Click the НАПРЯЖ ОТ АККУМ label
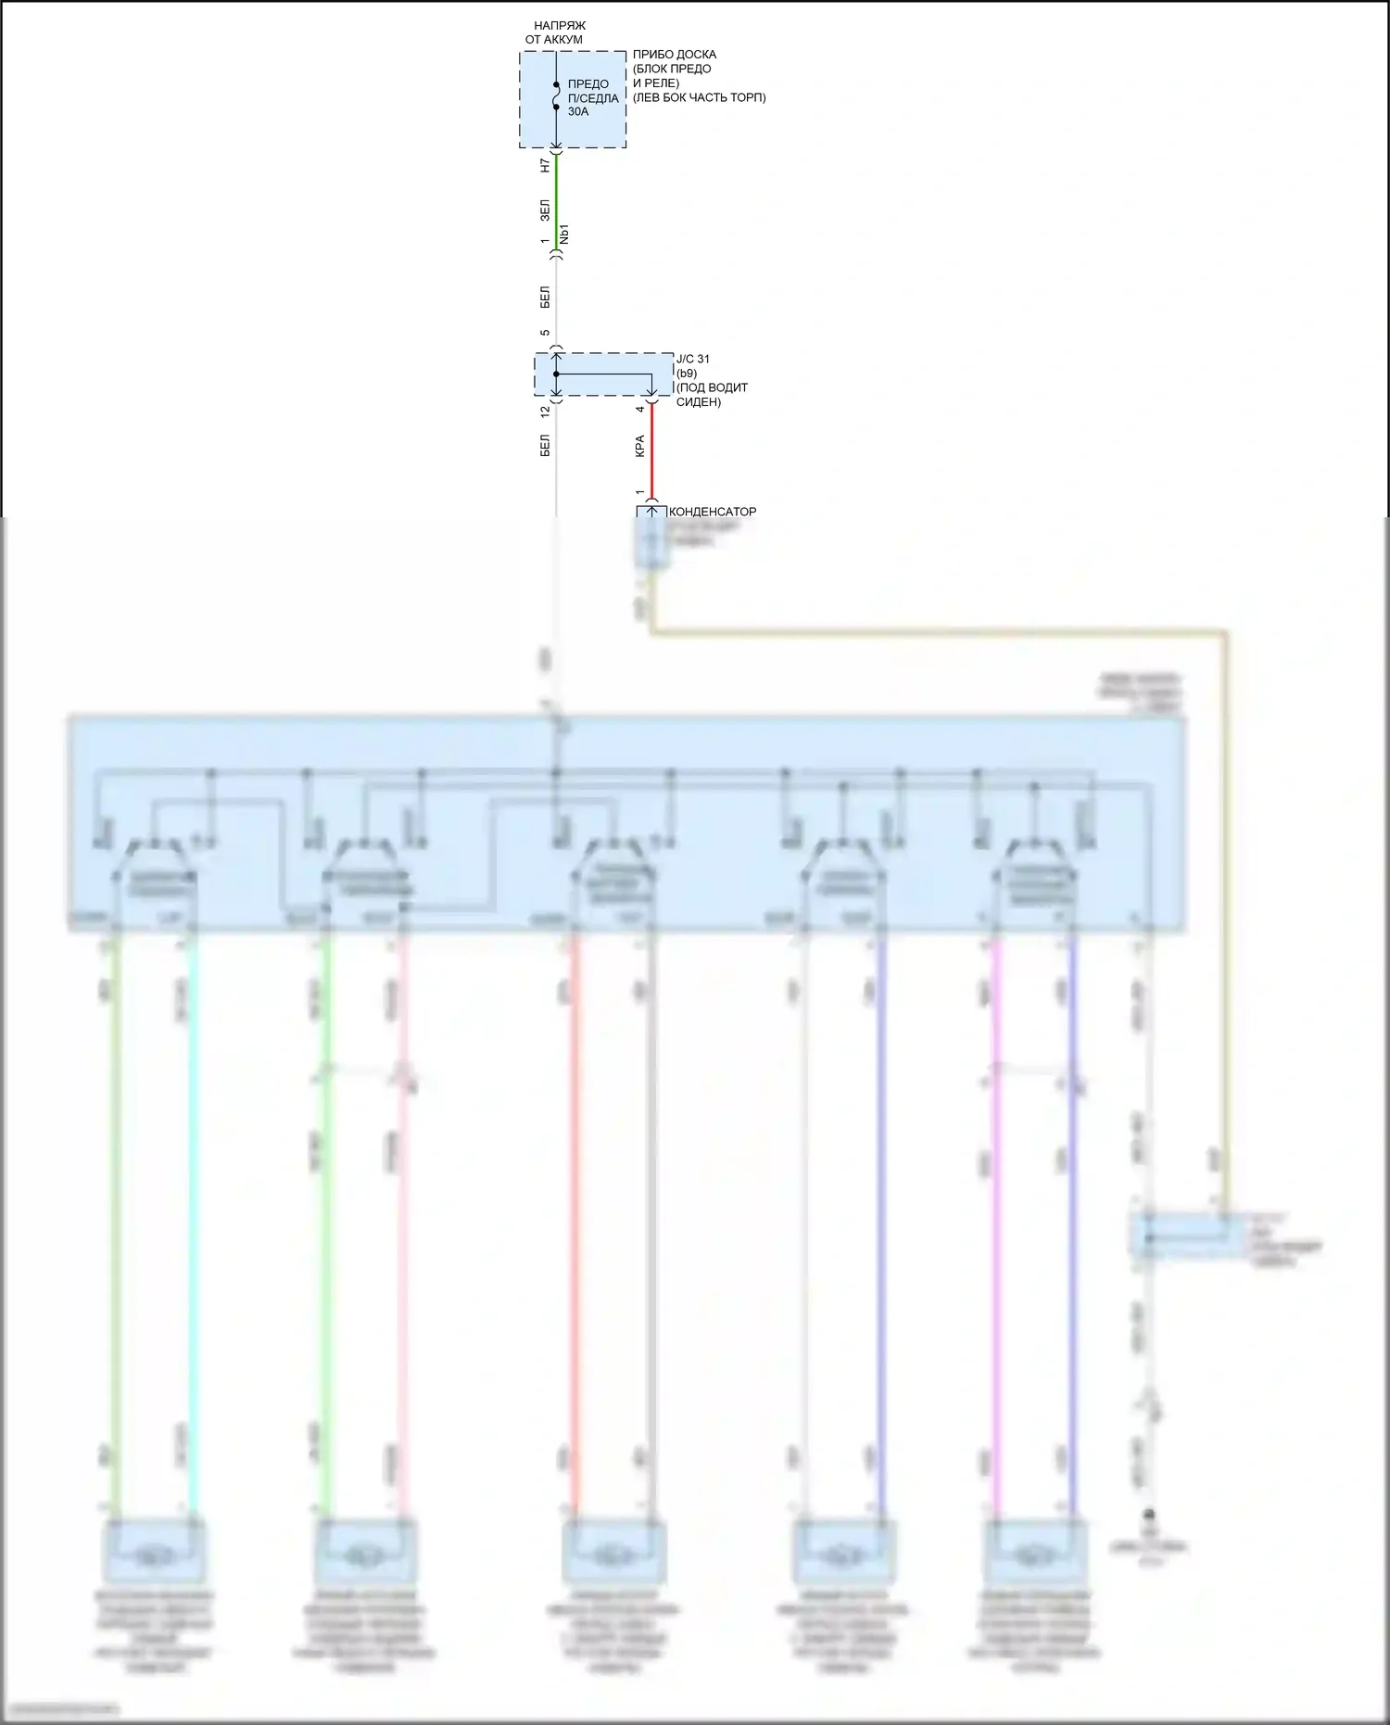[556, 32]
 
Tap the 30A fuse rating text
[578, 111]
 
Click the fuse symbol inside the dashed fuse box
[556, 96]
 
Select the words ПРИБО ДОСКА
[675, 55]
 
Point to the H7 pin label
[545, 165]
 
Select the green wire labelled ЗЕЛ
[556, 199]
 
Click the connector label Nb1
[565, 235]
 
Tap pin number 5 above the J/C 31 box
[545, 333]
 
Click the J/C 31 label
[693, 359]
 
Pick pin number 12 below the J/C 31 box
[545, 409]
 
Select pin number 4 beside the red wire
[639, 409]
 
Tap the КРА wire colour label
[639, 447]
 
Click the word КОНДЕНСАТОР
[713, 512]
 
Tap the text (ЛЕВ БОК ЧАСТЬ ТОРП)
[700, 97]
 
